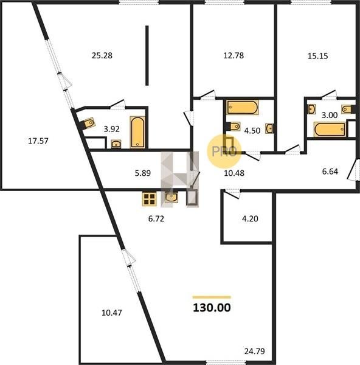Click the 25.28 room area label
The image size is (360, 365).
[102, 55]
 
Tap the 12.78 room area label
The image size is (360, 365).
[234, 55]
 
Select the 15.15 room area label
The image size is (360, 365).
[317, 56]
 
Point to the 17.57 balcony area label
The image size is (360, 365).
[38, 141]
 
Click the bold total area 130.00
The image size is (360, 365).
[212, 307]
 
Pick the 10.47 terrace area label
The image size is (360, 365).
[112, 313]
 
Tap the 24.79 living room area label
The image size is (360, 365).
[255, 351]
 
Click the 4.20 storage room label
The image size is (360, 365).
[250, 219]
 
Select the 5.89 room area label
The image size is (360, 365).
[143, 173]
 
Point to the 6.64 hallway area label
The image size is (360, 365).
[330, 172]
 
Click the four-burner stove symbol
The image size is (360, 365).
[149, 199]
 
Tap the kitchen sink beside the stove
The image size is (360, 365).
[171, 198]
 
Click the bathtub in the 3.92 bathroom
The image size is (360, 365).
[137, 132]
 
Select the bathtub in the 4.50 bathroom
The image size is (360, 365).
[243, 107]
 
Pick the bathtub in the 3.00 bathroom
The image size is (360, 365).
[330, 129]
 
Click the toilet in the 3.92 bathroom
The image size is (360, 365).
[88, 123]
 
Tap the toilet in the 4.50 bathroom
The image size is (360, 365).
[234, 127]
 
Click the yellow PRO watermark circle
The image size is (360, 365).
[224, 151]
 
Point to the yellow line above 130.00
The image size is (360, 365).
[212, 297]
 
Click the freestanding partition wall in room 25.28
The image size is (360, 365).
[147, 55]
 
